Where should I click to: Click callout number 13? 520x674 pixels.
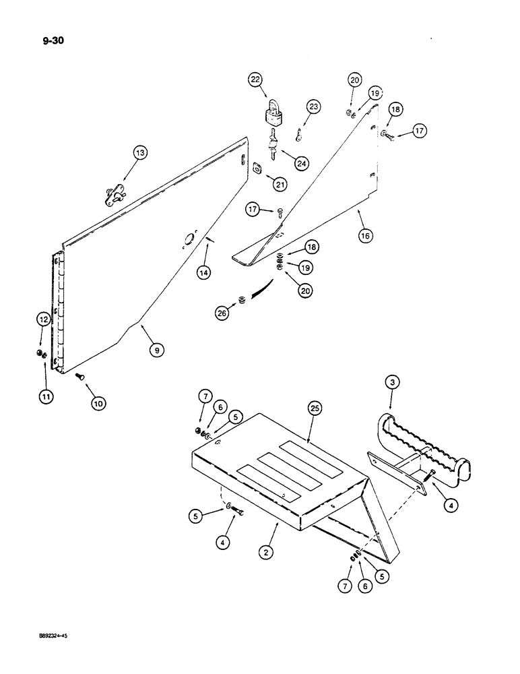click(x=139, y=154)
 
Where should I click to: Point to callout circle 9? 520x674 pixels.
click(x=156, y=350)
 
